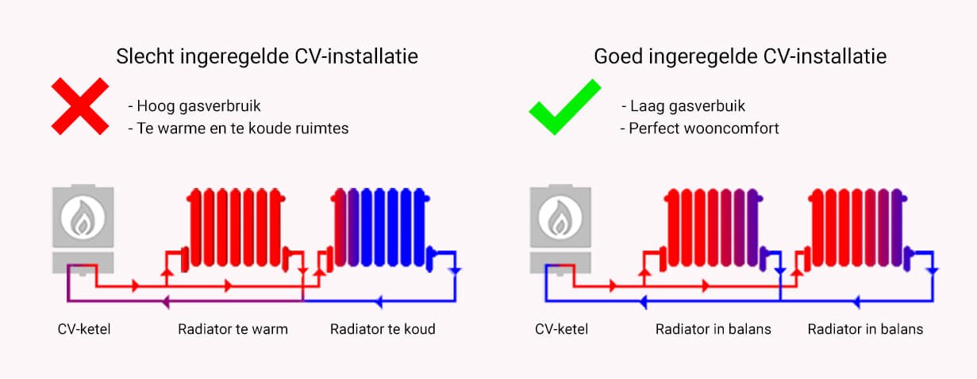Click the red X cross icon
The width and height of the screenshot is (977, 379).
80,106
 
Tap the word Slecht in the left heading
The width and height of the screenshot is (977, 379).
145,56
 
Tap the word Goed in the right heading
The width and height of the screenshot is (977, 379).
618,56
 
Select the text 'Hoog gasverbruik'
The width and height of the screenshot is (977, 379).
198,106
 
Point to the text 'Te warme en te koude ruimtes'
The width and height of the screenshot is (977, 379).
243,128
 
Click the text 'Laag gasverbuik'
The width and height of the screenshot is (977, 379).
687,106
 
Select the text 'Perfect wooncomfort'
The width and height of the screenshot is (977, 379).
703,128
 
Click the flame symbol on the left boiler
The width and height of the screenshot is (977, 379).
83,218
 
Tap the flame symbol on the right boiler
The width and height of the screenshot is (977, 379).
560,218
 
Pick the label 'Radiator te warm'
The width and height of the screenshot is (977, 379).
233,329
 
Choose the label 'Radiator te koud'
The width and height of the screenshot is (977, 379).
383,329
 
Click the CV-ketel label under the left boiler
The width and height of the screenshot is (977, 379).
84,329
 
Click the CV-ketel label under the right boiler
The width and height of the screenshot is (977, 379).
561,329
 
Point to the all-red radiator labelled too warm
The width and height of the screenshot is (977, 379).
236,228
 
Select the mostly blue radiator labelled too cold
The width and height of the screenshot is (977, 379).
380,228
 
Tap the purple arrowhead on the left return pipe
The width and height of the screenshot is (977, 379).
166,301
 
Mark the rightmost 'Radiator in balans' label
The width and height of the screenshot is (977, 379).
865,329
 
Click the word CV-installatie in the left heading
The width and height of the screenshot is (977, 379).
356,56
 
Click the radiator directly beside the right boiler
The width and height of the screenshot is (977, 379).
714,228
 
